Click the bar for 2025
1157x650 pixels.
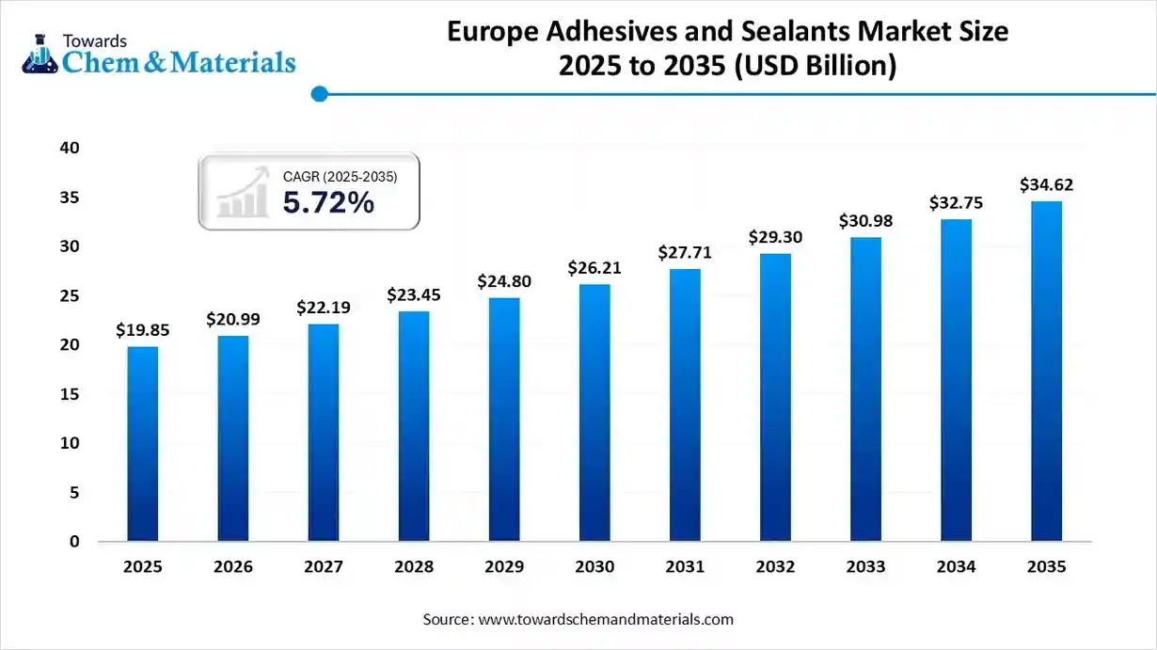(143, 444)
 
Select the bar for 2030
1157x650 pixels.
(594, 413)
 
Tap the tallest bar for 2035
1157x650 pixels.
(1046, 372)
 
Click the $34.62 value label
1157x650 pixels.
(1046, 185)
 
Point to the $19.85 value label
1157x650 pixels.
(143, 330)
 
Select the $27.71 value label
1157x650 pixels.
(685, 253)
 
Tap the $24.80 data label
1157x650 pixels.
(504, 281)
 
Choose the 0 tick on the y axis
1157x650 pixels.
(72, 542)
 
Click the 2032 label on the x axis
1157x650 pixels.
(775, 567)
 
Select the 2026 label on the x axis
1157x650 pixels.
(233, 567)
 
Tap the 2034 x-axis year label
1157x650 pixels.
(956, 567)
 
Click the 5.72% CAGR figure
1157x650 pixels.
(328, 201)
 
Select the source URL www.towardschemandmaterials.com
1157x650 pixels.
(606, 619)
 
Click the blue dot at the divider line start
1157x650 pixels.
(319, 94)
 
